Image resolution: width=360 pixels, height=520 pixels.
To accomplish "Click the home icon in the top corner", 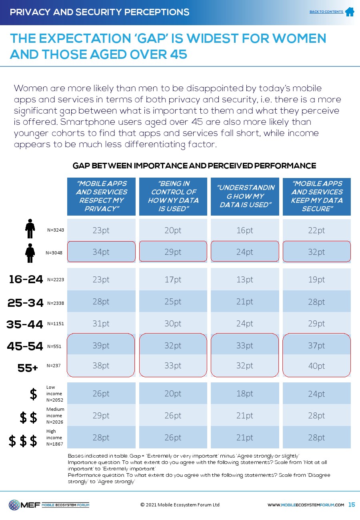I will pyautogui.click(x=350, y=12).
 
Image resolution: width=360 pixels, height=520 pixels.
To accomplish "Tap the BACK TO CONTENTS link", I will pyautogui.click(x=326, y=12).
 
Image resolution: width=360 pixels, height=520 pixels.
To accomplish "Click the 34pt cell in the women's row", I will pyautogui.click(x=101, y=252).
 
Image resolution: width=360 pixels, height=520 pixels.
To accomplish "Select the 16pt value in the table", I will pyautogui.click(x=245, y=230).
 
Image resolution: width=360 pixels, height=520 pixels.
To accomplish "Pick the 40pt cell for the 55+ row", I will pyautogui.click(x=316, y=366).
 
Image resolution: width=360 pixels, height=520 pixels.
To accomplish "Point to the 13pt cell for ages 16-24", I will pyautogui.click(x=245, y=280).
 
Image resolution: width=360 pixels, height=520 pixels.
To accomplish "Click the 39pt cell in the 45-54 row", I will pyautogui.click(x=101, y=346).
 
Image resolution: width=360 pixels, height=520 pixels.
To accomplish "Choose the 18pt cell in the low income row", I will pyautogui.click(x=245, y=394).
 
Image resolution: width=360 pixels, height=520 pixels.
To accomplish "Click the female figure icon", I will pyautogui.click(x=30, y=252).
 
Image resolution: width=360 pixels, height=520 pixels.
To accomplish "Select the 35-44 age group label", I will pyautogui.click(x=25, y=324).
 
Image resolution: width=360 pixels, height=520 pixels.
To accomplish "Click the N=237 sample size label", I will pyautogui.click(x=53, y=365).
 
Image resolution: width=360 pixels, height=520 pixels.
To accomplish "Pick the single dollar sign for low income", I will pyautogui.click(x=34, y=394).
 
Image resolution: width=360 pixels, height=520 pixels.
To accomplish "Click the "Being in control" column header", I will pyautogui.click(x=173, y=196).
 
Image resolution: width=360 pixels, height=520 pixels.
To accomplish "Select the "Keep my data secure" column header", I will pyautogui.click(x=316, y=196).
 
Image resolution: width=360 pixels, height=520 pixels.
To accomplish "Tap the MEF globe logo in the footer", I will pyautogui.click(x=14, y=505).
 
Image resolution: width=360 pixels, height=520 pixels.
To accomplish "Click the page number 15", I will pyautogui.click(x=352, y=505).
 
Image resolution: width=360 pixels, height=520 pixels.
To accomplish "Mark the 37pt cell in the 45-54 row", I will pyautogui.click(x=316, y=346).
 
